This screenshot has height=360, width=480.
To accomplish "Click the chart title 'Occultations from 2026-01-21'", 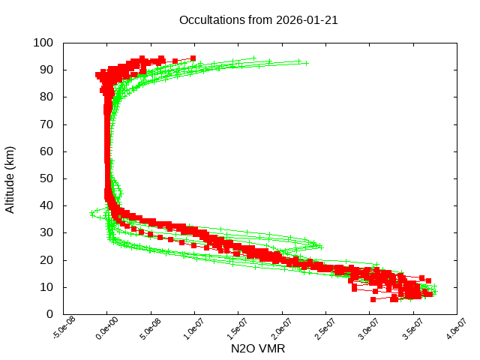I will tap(258, 20).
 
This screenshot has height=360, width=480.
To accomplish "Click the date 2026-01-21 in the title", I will tap(307, 20).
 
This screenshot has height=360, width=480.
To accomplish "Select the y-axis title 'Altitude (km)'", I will tap(10, 178).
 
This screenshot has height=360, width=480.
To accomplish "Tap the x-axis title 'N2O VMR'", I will tap(259, 349).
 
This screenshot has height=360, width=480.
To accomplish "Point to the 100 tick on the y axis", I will tap(43, 43).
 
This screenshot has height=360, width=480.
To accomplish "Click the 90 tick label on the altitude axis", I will tap(46, 70).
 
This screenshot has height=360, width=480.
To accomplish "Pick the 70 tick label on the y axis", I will tap(46, 124).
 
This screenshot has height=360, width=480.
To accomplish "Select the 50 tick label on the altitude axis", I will tap(46, 178).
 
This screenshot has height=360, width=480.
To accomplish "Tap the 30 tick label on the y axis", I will tap(46, 232).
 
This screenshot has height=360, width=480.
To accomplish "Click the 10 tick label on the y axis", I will tap(46, 287).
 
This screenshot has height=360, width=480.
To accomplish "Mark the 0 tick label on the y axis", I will tap(49, 314).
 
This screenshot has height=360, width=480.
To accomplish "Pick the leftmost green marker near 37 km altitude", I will tap(91, 213).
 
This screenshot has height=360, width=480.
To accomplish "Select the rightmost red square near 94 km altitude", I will tap(193, 58).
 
